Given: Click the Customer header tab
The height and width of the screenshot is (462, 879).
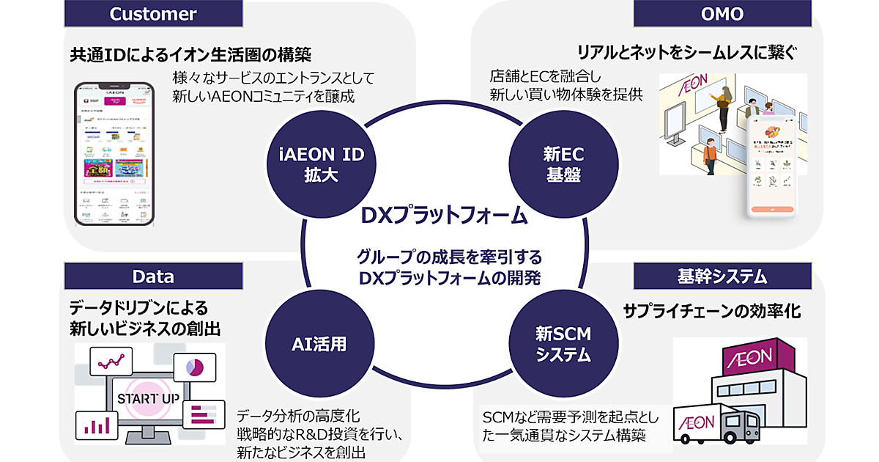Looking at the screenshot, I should point(153,14).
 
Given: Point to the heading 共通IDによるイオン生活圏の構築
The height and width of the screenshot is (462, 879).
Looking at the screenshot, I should point(190,54).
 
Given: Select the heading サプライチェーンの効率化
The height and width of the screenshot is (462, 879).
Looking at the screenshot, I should point(711,311).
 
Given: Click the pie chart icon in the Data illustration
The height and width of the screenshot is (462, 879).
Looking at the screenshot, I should point(194,366).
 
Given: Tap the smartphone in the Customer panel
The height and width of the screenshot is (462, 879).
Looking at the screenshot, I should point(117,155).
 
